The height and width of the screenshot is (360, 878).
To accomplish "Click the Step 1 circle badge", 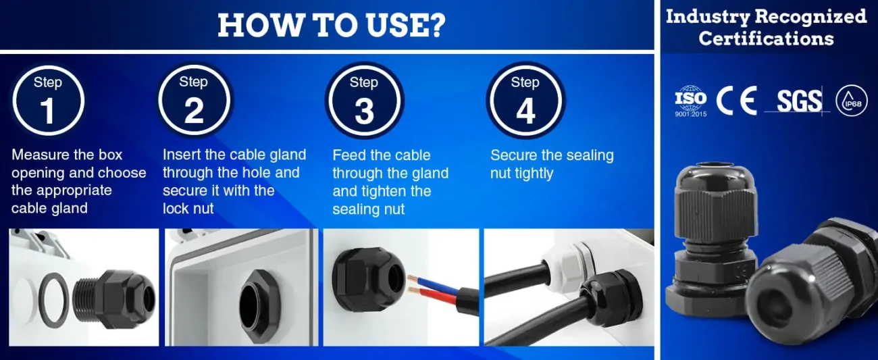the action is click(x=48, y=101).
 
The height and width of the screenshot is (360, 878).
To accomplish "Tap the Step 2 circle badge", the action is click(x=194, y=100).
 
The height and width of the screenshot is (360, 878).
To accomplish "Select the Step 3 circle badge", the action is click(x=364, y=101).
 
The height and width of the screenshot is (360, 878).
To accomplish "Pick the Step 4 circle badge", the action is click(x=525, y=101).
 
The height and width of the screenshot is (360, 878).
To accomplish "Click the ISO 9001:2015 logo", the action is click(x=691, y=101).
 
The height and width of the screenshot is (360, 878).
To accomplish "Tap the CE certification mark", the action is click(x=736, y=101).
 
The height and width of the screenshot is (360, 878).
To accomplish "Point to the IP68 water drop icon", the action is click(x=852, y=101).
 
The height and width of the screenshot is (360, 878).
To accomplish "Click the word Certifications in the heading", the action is click(x=766, y=38).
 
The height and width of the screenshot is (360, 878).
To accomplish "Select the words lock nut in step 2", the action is click(x=188, y=209).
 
